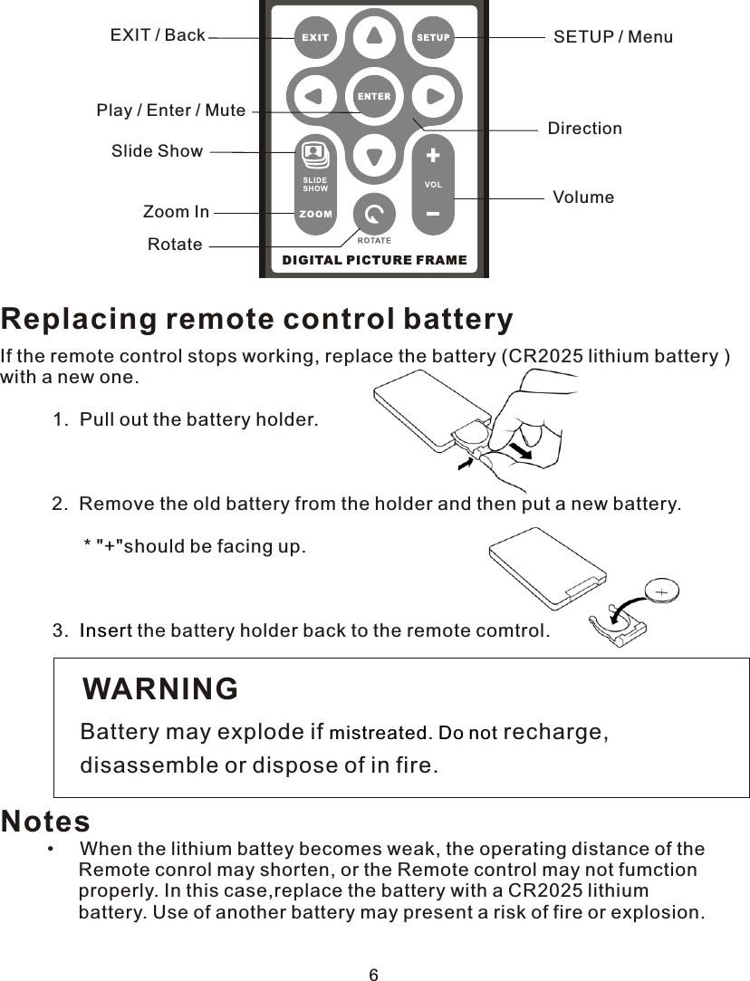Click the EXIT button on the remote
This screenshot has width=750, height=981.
[314, 38]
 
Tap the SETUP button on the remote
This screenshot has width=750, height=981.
[433, 38]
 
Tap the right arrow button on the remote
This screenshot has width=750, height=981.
[433, 96]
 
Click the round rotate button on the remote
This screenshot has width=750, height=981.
[374, 216]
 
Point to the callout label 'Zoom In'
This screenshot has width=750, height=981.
[176, 212]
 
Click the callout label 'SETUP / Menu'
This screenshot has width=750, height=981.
[612, 37]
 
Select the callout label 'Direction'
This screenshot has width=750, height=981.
[584, 129]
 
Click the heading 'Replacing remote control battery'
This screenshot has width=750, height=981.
[257, 320]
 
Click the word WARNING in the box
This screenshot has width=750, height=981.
[160, 689]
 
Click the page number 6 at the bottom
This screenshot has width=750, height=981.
[373, 975]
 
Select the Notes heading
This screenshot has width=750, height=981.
[45, 822]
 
